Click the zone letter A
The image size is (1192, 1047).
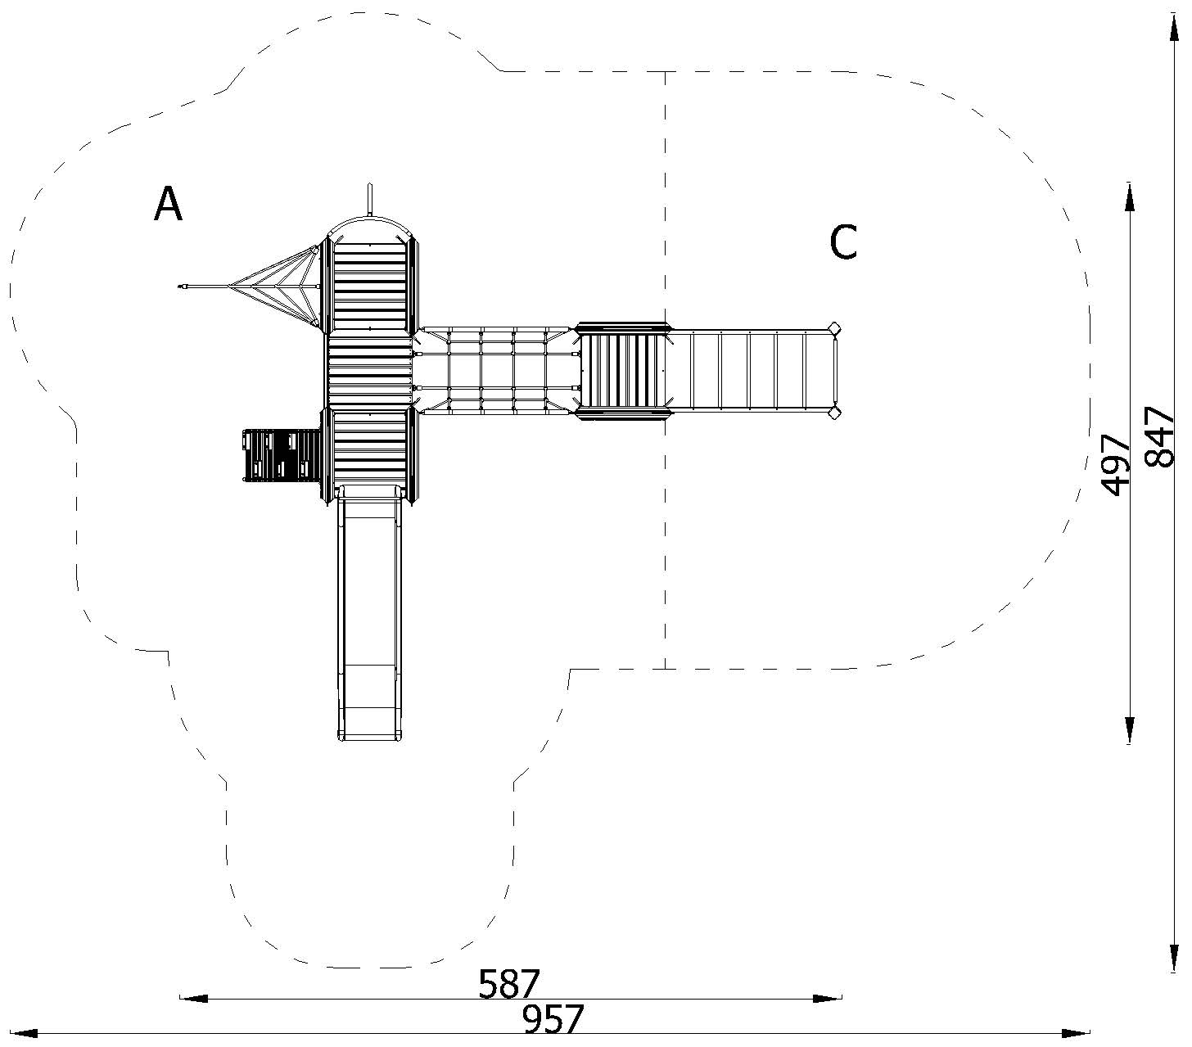pyautogui.click(x=168, y=204)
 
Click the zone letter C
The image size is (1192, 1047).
pyautogui.click(x=843, y=241)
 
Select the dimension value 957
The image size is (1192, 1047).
pyautogui.click(x=553, y=1019)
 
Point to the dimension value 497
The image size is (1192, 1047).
pyautogui.click(x=1115, y=465)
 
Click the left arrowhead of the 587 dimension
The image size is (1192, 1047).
pyautogui.click(x=193, y=998)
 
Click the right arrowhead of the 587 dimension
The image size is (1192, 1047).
pyautogui.click(x=827, y=998)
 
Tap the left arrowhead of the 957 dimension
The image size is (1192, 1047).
pyautogui.click(x=24, y=1033)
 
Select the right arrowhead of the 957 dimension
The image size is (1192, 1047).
pyautogui.click(x=1076, y=1033)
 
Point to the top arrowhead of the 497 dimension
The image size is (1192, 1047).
pyautogui.click(x=1130, y=196)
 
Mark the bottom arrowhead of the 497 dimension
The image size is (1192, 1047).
pyautogui.click(x=1130, y=730)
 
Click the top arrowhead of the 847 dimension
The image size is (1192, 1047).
pyautogui.click(x=1174, y=27)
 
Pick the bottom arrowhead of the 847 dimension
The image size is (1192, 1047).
pyautogui.click(x=1174, y=959)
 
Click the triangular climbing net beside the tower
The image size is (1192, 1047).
pyautogui.click(x=277, y=287)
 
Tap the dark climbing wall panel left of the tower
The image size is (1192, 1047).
pyautogui.click(x=282, y=455)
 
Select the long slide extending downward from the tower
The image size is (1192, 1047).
pyautogui.click(x=369, y=612)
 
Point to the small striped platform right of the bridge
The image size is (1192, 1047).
pyautogui.click(x=622, y=371)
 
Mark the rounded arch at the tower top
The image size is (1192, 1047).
pyautogui.click(x=369, y=219)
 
